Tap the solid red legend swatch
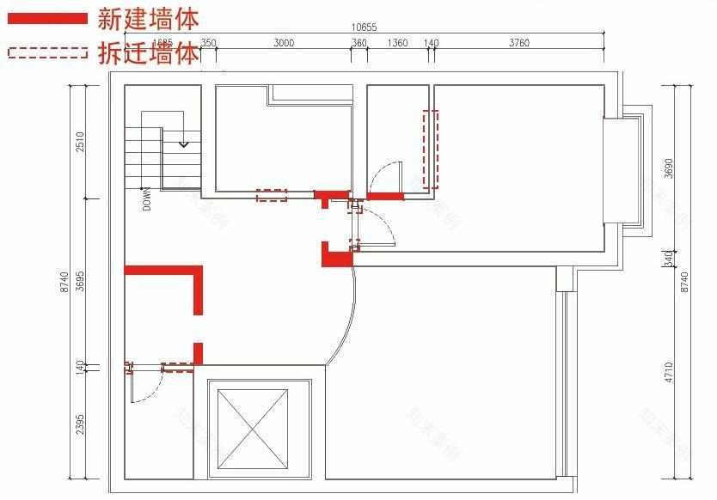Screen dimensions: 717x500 tap(47, 18)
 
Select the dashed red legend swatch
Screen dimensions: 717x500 tap(47, 52)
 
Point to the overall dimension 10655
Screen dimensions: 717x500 tap(365, 27)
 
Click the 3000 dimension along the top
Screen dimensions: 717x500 tap(284, 43)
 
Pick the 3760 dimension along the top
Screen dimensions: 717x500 tap(518, 43)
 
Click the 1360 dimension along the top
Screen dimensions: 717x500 tap(397, 43)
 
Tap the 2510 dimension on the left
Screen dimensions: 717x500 tap(80, 142)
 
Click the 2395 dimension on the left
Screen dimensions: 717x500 tap(80, 425)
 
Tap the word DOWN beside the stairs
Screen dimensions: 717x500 tap(147, 199)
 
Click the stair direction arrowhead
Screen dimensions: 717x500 tap(183, 144)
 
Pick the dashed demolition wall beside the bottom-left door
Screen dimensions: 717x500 tap(178, 368)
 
